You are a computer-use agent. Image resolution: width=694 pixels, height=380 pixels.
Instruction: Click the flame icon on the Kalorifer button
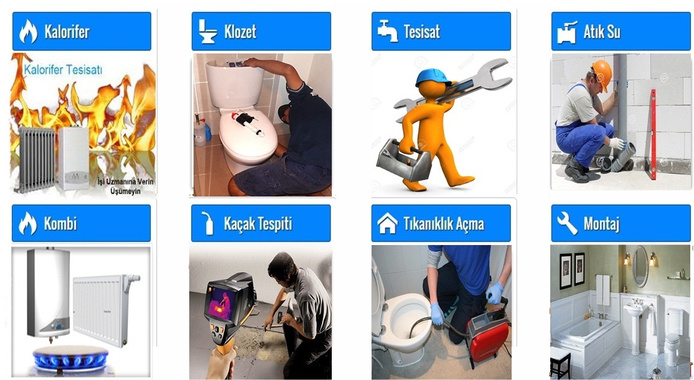(28, 32)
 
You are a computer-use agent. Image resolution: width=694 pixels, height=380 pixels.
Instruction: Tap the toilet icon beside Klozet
(207, 32)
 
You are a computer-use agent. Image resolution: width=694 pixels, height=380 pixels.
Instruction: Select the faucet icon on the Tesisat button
(387, 31)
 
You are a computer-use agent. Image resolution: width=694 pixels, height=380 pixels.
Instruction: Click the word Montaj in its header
(601, 223)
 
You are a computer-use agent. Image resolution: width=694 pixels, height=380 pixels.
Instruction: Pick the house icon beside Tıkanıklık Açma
(387, 223)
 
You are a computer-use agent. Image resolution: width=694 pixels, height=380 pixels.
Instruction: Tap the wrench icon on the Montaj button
(567, 223)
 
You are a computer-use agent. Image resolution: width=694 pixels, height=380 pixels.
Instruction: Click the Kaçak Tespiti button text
(274, 223)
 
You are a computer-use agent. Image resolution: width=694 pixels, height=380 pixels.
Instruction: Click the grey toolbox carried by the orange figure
(403, 160)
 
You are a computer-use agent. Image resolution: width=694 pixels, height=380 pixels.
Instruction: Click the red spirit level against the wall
(652, 133)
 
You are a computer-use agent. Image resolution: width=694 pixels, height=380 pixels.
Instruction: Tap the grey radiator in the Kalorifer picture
(35, 159)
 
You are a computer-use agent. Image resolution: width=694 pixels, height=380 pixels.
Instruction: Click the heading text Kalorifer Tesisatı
(63, 70)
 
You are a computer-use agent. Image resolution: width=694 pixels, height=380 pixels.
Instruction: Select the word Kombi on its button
(60, 223)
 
